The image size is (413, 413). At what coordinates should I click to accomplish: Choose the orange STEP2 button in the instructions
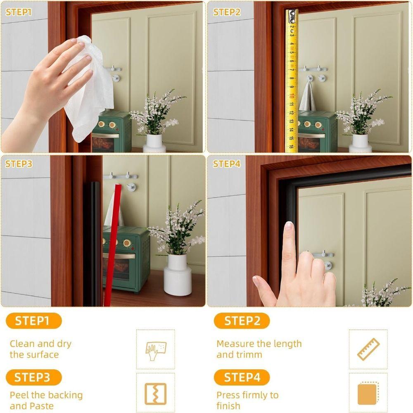242,321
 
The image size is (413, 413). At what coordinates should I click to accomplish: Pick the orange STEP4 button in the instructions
242,377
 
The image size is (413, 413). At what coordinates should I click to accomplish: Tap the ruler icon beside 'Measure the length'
368,349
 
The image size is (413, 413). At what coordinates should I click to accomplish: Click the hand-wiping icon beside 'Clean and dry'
155,349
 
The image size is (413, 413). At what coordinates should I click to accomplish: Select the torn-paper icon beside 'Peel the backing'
155,394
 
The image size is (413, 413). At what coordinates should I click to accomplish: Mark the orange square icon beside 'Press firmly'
368,394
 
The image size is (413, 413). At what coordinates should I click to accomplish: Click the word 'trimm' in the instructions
249,354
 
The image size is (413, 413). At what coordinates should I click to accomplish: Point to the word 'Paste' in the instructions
41,406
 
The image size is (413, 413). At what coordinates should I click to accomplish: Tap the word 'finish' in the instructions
228,406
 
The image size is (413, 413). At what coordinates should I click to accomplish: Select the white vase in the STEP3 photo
178,275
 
